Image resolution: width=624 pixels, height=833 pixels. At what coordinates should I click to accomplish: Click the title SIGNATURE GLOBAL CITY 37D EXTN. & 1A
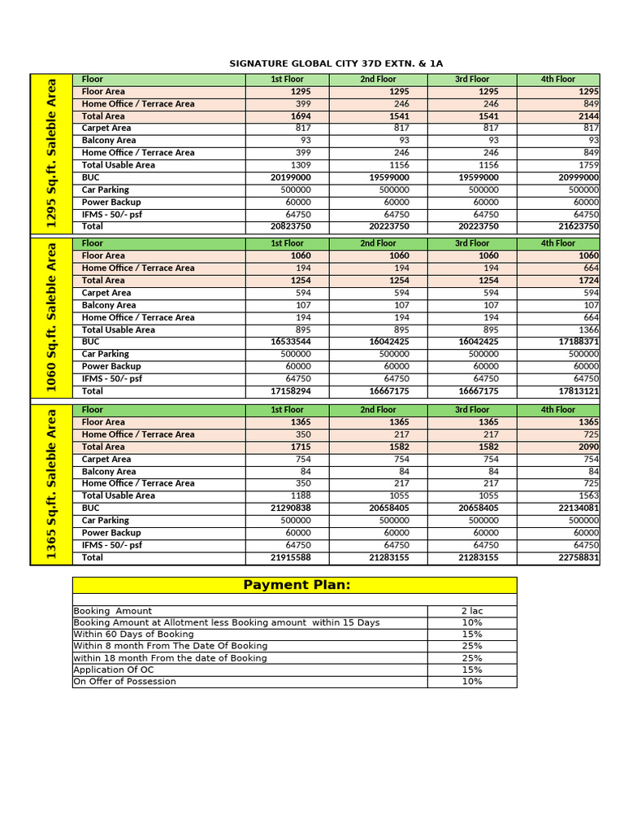click(336, 63)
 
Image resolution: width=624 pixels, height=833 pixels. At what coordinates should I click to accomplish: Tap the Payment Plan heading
click(297, 585)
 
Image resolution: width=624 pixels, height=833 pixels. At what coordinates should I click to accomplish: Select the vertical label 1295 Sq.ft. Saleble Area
click(51, 153)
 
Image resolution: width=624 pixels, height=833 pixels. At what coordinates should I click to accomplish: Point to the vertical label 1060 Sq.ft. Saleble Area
click(51, 317)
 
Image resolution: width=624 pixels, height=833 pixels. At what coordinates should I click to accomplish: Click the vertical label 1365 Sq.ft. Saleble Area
click(51, 484)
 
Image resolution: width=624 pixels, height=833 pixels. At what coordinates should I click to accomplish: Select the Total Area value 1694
click(300, 116)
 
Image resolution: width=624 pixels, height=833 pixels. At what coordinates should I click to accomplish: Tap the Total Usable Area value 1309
click(300, 165)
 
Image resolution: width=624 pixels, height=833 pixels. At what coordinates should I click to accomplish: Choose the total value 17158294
click(289, 391)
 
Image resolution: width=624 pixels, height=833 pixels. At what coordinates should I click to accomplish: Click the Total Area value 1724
click(587, 281)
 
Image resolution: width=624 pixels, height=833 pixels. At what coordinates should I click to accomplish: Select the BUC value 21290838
click(289, 508)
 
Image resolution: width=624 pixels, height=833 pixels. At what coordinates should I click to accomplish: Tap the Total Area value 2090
click(587, 447)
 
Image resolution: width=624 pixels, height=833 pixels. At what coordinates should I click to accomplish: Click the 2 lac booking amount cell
click(471, 611)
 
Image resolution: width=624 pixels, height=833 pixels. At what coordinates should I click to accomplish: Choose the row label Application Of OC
click(113, 670)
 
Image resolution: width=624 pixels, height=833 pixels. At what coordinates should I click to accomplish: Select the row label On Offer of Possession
click(124, 682)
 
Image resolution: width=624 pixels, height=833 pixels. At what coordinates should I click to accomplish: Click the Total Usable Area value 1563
click(587, 495)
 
